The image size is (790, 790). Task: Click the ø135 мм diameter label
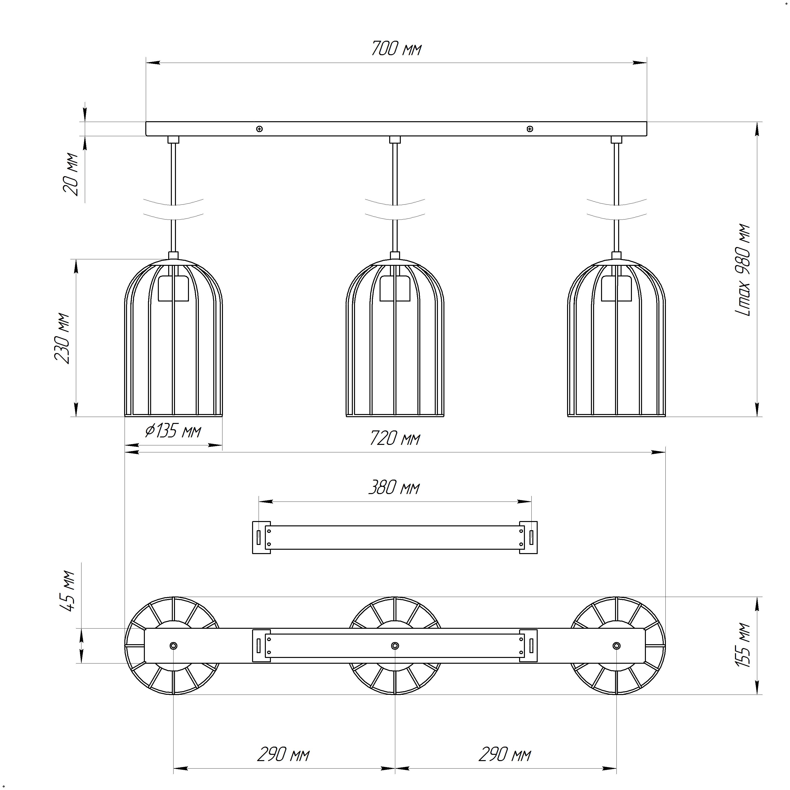tap(173, 431)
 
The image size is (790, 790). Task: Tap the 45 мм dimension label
tap(67, 591)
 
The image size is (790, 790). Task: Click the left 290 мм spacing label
tap(283, 754)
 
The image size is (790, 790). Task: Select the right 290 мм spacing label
tap(505, 754)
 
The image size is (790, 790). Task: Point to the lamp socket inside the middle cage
tap(395, 288)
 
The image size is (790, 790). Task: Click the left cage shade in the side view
tap(173, 339)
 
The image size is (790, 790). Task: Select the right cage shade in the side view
tap(616, 339)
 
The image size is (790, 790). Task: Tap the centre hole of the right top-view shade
tap(616, 646)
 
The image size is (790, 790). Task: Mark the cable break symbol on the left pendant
tap(173, 210)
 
